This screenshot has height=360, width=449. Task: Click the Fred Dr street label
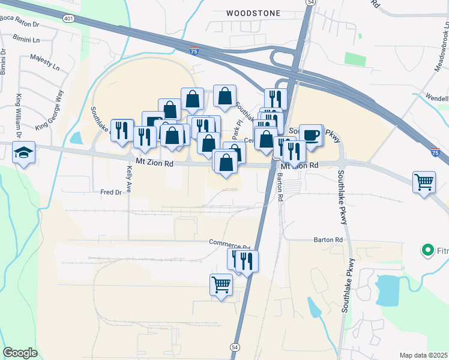point(111,193)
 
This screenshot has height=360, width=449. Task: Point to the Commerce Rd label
point(229,244)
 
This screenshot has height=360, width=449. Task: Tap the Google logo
point(20,353)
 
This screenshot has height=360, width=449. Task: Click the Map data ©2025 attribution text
point(423,355)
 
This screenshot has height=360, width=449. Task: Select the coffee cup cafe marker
point(311,135)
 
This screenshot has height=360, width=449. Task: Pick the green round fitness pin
point(428,250)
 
